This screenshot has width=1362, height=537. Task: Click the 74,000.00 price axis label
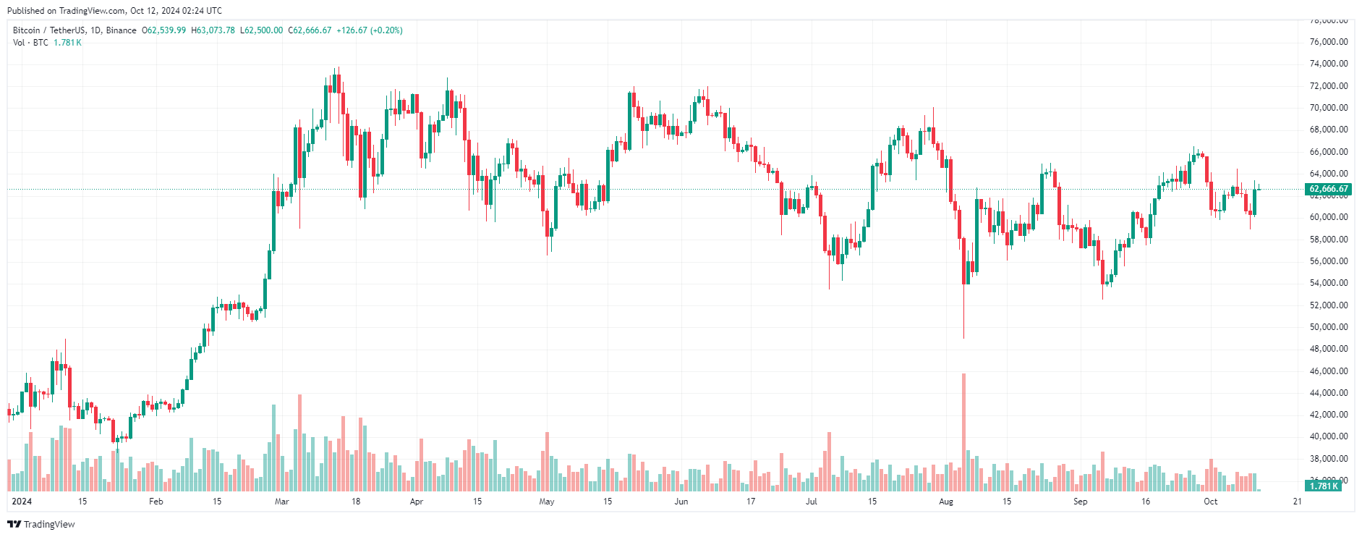pos(1329,64)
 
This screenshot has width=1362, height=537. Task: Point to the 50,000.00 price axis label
pos(1329,327)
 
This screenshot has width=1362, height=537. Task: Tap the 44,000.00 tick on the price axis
pos(1329,393)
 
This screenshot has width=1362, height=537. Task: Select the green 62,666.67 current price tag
pos(1329,189)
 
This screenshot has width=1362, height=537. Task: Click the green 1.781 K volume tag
pos(1324,486)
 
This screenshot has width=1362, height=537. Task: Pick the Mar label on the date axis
pos(282,502)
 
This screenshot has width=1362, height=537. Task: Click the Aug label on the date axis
pos(946,502)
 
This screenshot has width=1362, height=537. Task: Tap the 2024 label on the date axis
pos(22,502)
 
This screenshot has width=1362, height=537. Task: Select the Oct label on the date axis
pos(1210,502)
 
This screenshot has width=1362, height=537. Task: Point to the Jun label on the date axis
pos(681,502)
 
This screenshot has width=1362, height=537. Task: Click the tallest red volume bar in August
pos(963,432)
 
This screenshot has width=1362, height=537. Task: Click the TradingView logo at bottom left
pos(41,524)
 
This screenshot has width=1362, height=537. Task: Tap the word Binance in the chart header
pos(121,30)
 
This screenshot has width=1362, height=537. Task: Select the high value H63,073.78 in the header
pos(213,30)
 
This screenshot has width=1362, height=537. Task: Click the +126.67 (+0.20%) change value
pos(370,30)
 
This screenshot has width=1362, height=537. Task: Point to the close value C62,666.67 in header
pos(310,30)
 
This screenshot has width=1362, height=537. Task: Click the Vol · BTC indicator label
pos(30,43)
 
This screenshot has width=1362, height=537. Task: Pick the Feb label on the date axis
pos(156,502)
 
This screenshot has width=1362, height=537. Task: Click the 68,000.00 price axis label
pos(1329,130)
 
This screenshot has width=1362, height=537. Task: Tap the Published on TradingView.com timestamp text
pos(114,11)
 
